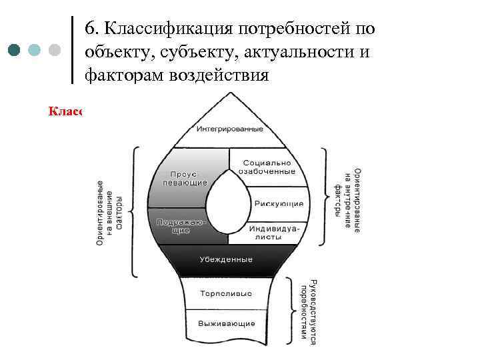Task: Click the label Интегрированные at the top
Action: tap(228, 127)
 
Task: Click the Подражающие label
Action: tap(182, 225)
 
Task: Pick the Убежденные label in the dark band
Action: tap(226, 259)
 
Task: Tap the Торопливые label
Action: tap(226, 292)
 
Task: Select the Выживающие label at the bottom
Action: tap(226, 324)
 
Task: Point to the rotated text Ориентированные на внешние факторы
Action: tap(109, 212)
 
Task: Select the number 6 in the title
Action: tap(91, 29)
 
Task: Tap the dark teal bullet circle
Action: tap(16, 50)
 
